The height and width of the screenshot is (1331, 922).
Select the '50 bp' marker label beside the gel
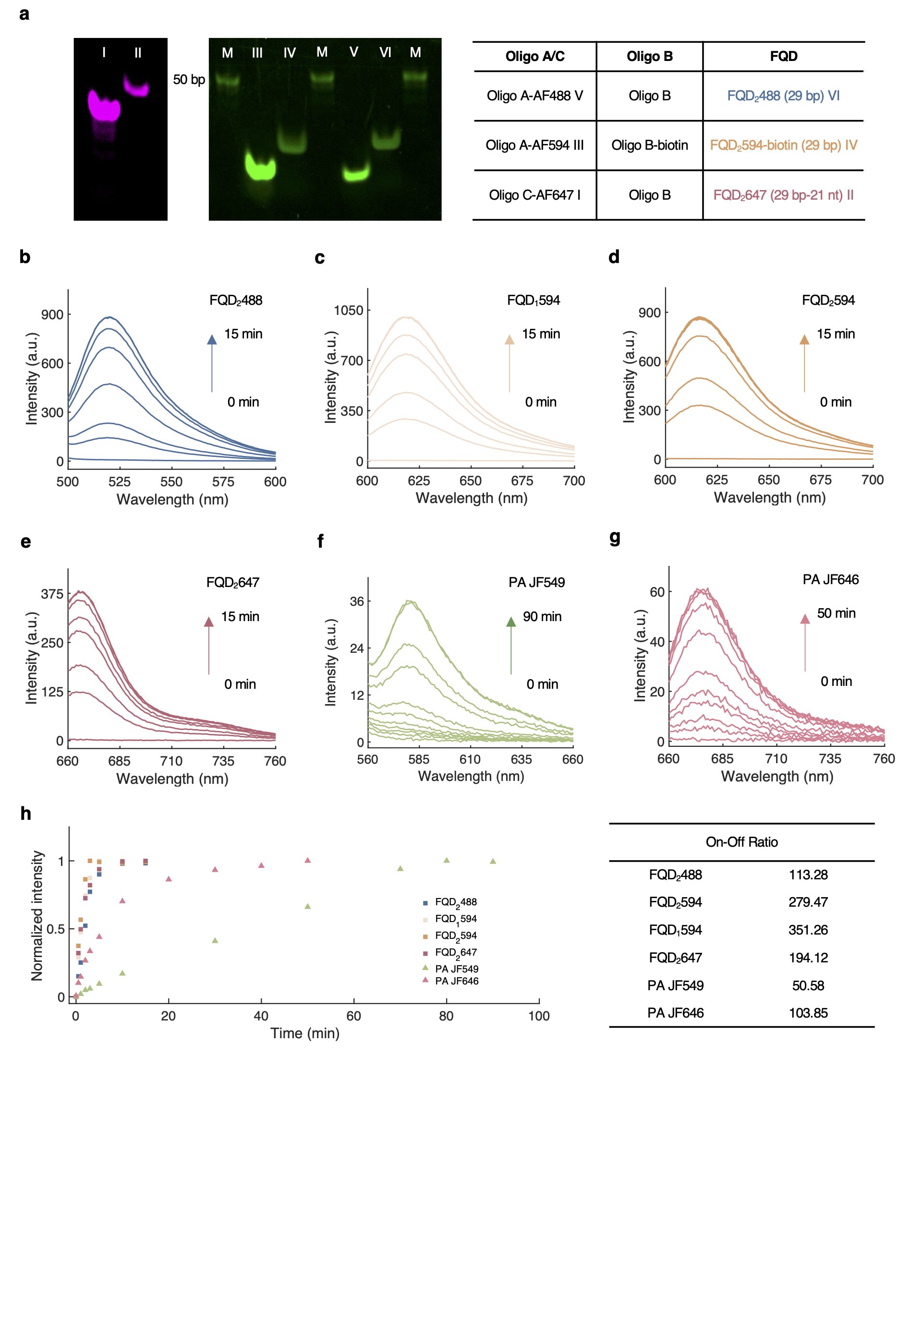coord(189,80)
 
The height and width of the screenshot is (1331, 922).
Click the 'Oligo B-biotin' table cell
coord(649,145)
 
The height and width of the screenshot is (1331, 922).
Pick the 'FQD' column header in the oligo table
coord(783,57)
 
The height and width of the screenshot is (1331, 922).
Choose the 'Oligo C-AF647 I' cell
coord(534,195)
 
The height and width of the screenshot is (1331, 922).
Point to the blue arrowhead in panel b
coord(212,340)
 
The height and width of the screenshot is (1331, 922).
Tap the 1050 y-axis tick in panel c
coord(348,311)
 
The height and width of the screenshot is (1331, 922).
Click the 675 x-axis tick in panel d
coord(820,480)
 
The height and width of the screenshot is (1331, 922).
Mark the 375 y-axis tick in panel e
coord(52,594)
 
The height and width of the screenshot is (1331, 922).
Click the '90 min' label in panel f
coord(542,617)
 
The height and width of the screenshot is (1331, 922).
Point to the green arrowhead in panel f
coord(510,622)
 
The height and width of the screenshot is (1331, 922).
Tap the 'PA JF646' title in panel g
coord(830,580)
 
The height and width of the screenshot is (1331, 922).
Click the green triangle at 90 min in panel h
coord(493,861)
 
